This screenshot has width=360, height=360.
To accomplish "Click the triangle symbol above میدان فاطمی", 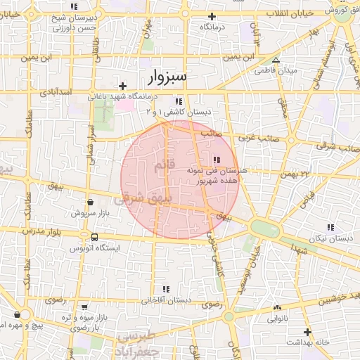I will (x=276, y=60).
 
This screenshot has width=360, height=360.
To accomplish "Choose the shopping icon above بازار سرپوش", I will (x=89, y=202).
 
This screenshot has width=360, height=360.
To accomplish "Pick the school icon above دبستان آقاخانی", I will (x=167, y=289).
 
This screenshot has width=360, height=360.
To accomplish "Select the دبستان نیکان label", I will (x=335, y=239).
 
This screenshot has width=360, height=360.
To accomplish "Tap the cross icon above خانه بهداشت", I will (x=307, y=331).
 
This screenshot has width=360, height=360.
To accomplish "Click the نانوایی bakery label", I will (x=276, y=319).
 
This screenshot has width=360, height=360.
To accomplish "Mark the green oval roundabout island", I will (x=264, y=229).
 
